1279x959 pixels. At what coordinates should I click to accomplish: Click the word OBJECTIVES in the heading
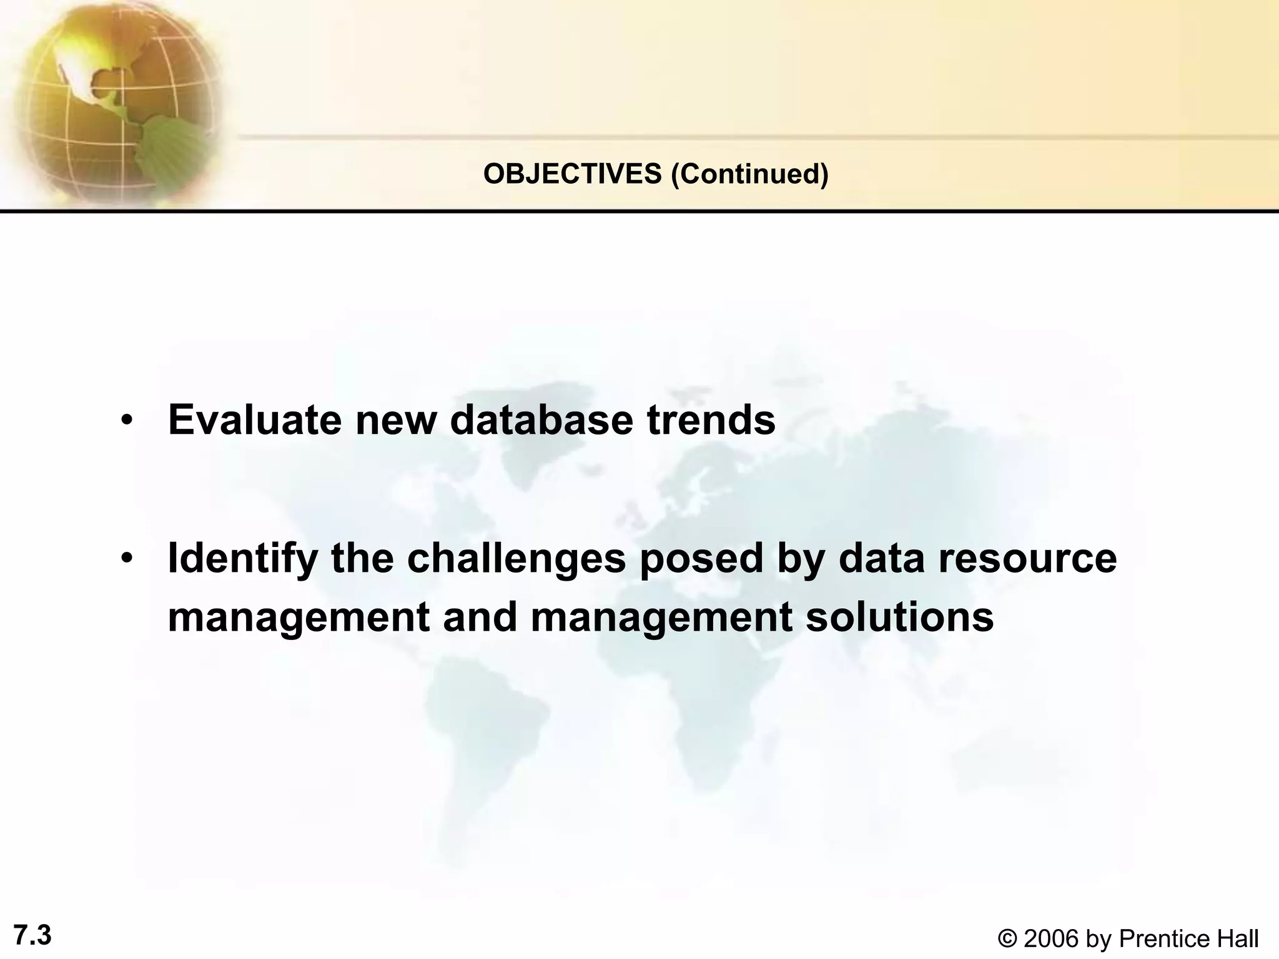click(x=572, y=174)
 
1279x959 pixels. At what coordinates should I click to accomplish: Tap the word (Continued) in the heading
click(x=749, y=174)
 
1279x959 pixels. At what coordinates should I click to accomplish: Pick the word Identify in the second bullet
click(x=242, y=558)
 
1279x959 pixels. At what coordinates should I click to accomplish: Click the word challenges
click(x=516, y=558)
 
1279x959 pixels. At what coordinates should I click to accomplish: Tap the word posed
click(x=701, y=558)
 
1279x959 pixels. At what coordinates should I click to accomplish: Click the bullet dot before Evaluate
click(x=127, y=420)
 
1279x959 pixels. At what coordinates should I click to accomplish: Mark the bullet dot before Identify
click(x=127, y=558)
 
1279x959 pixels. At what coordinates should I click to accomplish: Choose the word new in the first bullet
click(x=396, y=420)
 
